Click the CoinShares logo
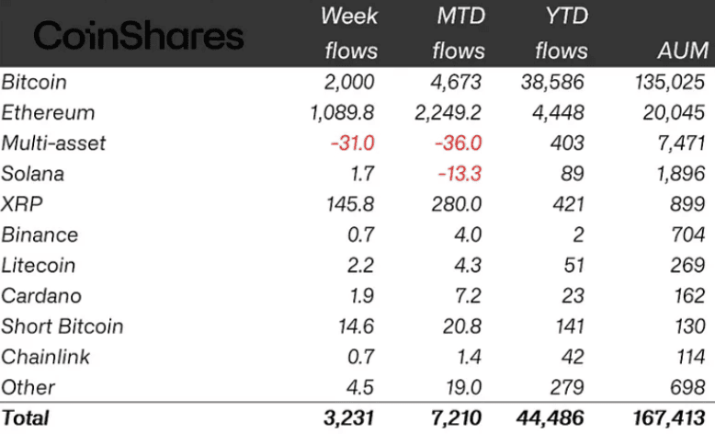coord(138,36)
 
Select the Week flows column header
coord(349,33)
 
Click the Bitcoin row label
coord(34,82)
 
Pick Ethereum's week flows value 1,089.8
coord(342,112)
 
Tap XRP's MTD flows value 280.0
coord(458,204)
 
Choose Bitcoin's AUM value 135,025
coord(663,82)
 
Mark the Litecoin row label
coord(39,265)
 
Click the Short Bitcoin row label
coord(62,326)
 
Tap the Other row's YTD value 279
coord(567,387)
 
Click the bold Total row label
coord(26,417)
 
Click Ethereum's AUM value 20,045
coord(668,112)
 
